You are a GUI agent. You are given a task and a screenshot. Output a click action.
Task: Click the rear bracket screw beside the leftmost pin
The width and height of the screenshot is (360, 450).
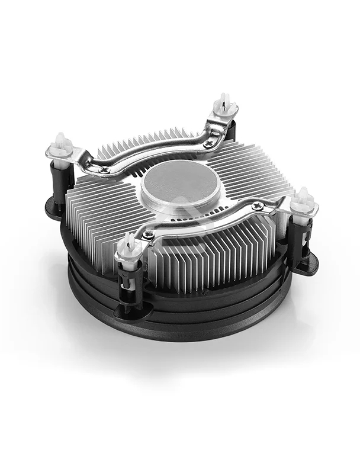click(x=105, y=170)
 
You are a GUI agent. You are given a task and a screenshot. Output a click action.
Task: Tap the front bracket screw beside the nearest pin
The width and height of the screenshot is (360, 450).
click(x=149, y=234)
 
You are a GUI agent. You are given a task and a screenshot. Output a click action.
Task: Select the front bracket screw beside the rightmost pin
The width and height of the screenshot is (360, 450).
click(x=258, y=207)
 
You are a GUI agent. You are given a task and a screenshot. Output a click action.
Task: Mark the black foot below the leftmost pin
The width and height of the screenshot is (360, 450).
click(x=54, y=208)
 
